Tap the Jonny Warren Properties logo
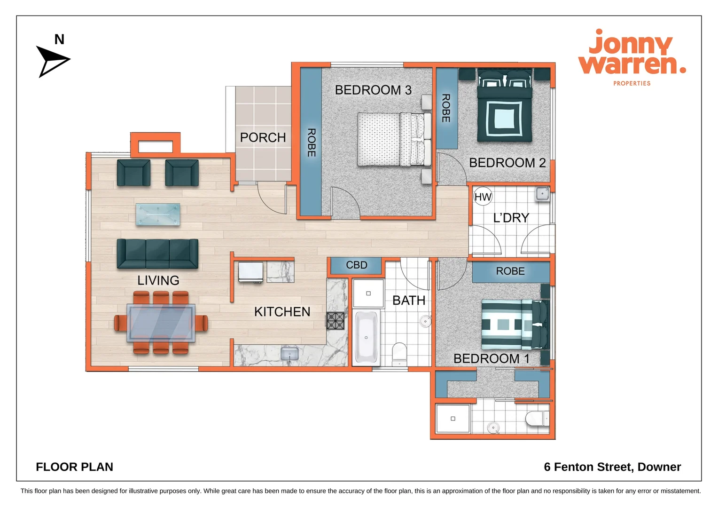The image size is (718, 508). point(632,57)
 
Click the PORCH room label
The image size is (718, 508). point(263,137)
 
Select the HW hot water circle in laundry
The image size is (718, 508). point(483,197)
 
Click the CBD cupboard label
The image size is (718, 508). point(356,265)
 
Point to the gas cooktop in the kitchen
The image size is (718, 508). point(336,321)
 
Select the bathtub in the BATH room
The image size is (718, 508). point(366,337)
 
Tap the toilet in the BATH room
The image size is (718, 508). point(399,353)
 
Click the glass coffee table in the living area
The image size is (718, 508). point(158,214)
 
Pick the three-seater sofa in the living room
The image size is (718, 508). point(157,254)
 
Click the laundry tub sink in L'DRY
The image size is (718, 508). point(542,193)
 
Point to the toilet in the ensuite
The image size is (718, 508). point(537,418)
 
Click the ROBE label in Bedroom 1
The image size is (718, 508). point(510,271)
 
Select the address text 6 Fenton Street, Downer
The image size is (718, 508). point(612,467)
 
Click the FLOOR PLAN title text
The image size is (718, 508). point(74,467)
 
